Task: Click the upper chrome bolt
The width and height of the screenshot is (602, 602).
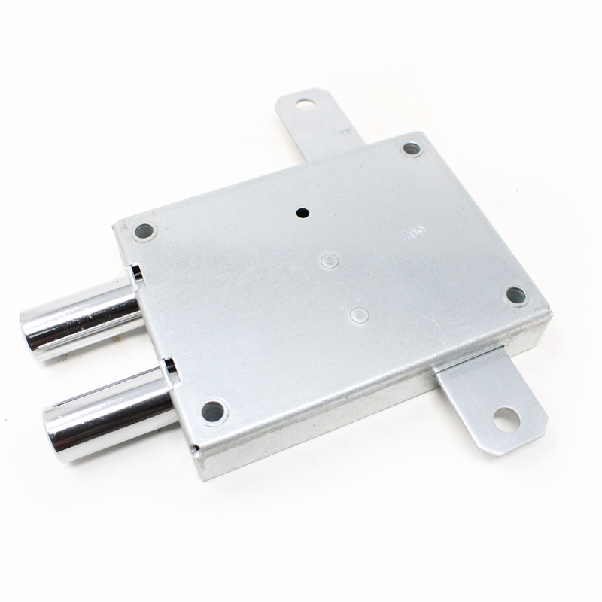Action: tap(83, 316)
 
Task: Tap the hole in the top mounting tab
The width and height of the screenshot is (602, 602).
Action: tap(305, 102)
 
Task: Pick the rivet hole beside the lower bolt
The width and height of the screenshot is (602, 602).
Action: tap(213, 411)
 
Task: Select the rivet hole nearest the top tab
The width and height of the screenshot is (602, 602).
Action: tap(410, 149)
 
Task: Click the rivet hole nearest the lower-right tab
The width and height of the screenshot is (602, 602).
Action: tap(515, 295)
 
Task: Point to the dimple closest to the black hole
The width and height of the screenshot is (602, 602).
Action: tap(329, 261)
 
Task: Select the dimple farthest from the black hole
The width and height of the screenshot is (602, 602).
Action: tap(359, 312)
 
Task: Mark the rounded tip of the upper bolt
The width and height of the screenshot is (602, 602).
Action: tap(35, 332)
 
